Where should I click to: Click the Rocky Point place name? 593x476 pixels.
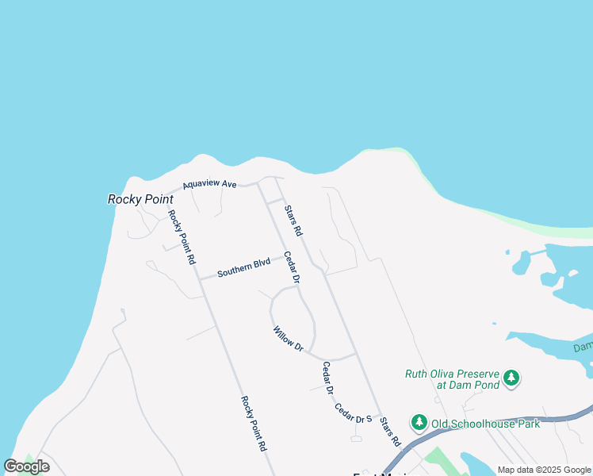point(140,199)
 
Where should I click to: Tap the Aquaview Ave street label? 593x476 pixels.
point(209,185)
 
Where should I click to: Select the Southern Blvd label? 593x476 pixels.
point(243,268)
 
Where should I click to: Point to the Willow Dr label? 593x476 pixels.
point(288,339)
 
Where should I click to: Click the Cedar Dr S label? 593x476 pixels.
point(353,413)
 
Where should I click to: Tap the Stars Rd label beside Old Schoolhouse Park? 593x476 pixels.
point(390,431)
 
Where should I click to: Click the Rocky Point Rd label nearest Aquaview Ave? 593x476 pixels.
point(182,237)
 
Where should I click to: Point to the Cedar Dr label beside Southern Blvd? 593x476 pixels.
point(293,268)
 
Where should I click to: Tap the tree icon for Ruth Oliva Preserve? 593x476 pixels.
point(511,378)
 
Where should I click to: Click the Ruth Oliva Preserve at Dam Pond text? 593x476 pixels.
point(452,379)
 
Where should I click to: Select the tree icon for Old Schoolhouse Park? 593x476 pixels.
point(419,423)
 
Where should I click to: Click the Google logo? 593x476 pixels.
point(27,466)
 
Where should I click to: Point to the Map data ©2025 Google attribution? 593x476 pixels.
point(544,470)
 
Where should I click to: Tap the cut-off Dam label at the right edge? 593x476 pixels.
point(583,347)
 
